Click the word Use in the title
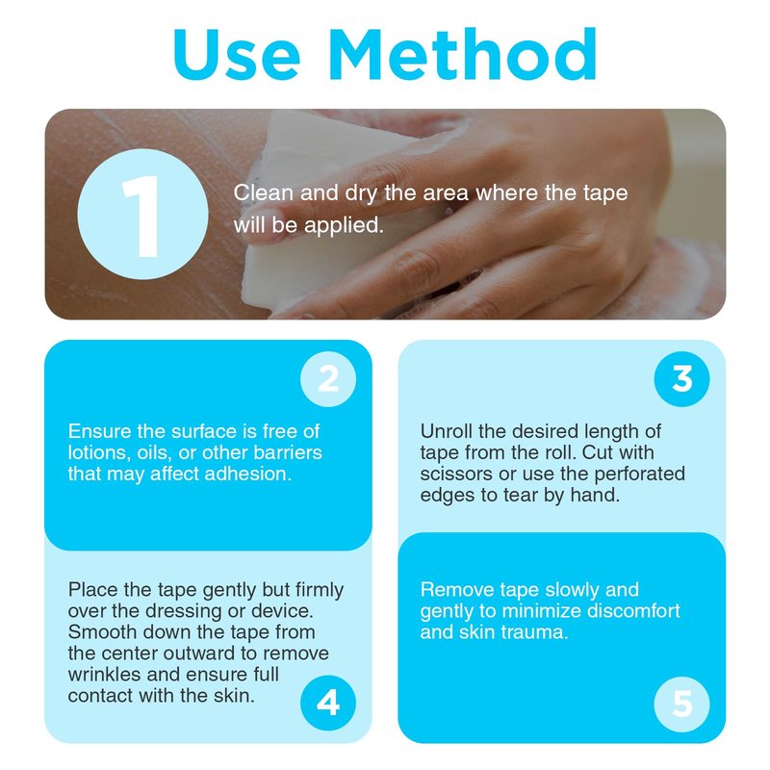(x=236, y=54)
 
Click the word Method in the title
(x=463, y=54)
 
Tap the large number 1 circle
(x=142, y=215)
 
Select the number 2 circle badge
(x=328, y=378)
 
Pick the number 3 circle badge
(x=681, y=378)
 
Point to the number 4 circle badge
(x=328, y=703)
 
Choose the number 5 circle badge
(x=681, y=704)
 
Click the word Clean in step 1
(x=263, y=192)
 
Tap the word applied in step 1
(x=344, y=226)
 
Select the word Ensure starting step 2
(x=99, y=431)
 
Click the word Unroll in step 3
(x=446, y=431)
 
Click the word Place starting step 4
(x=92, y=589)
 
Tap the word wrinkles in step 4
(x=104, y=675)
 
